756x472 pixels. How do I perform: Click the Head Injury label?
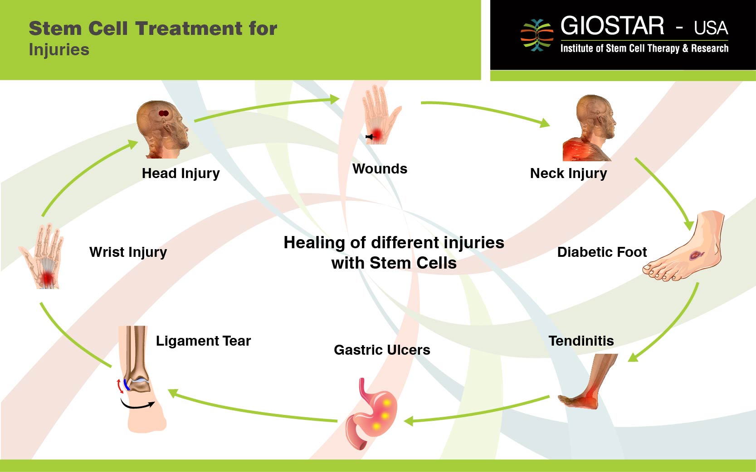click(x=180, y=173)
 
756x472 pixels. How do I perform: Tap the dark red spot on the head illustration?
click(x=164, y=113)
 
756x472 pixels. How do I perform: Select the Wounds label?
click(x=380, y=169)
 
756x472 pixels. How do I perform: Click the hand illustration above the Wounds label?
click(x=380, y=116)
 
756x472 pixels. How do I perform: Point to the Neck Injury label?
click(x=568, y=173)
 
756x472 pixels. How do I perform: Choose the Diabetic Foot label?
click(x=602, y=252)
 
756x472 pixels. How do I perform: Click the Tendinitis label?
click(x=581, y=341)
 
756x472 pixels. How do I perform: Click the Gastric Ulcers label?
click(x=382, y=350)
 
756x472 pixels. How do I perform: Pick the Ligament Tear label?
click(x=203, y=341)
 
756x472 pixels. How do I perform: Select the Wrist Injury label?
click(x=128, y=252)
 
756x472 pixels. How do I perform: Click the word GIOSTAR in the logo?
click(x=612, y=26)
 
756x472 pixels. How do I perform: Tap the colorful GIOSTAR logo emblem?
click(x=537, y=35)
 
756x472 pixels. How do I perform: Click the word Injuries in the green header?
click(x=59, y=50)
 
